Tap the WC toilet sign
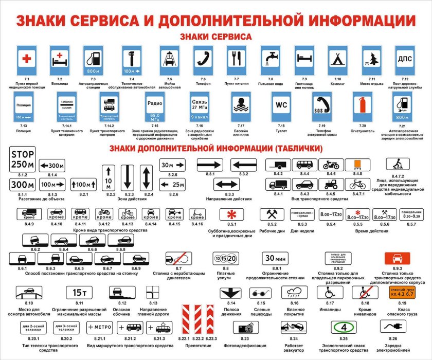pos(281,105)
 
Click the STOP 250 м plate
pos(23,160)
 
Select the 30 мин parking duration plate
pos(277,258)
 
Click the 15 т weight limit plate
pos(79,293)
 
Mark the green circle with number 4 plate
pos(343,327)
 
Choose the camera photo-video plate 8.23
pos(244,327)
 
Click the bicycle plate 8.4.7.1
pos(357,184)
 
